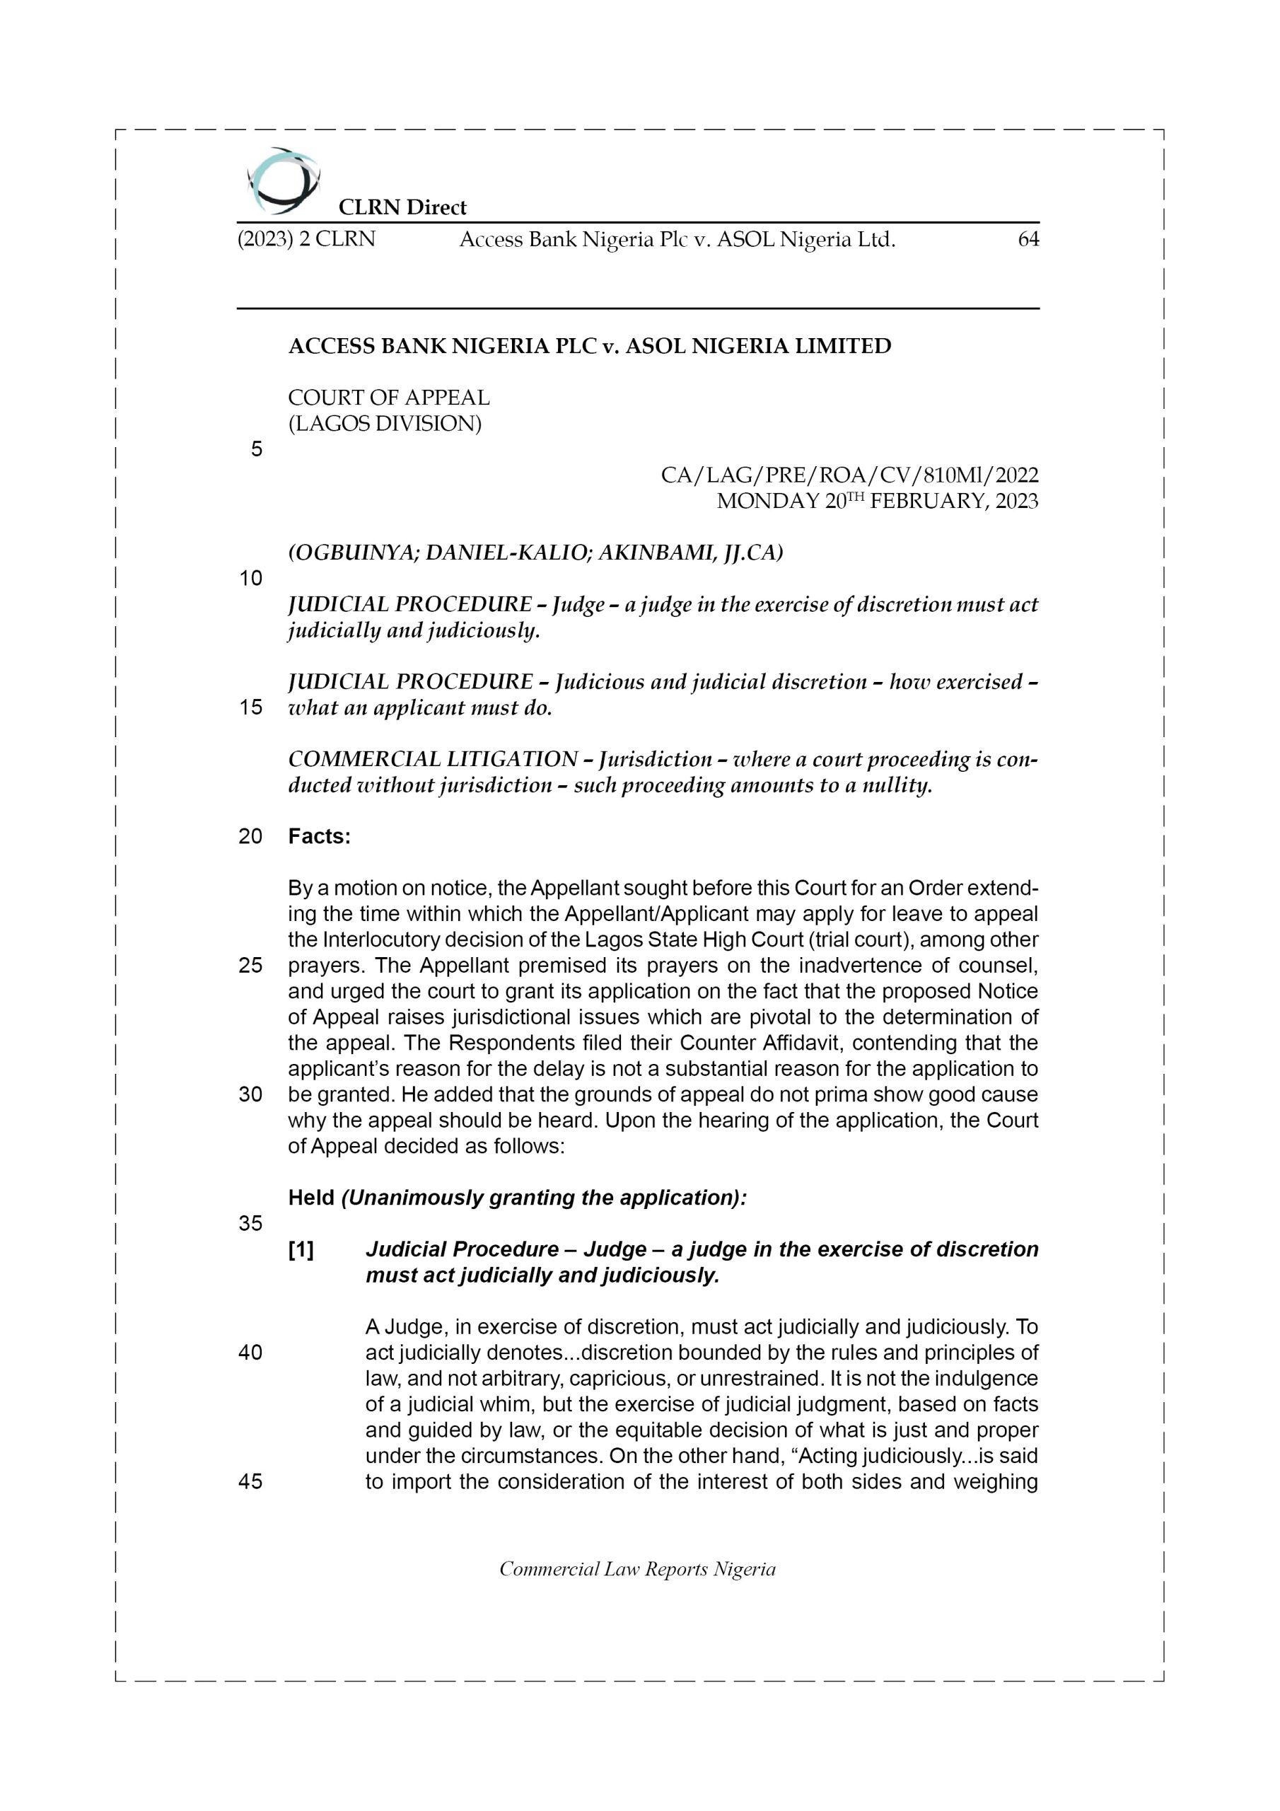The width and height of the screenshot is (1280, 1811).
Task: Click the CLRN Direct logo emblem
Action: (283, 180)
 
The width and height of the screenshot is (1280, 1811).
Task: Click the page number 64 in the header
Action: (1028, 240)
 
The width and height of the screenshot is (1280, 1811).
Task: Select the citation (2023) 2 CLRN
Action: (306, 240)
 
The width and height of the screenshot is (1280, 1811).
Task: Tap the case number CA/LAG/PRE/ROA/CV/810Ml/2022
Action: (849, 475)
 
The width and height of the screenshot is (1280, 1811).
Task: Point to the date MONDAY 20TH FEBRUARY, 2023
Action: (877, 502)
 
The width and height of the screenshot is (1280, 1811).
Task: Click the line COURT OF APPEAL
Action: (389, 398)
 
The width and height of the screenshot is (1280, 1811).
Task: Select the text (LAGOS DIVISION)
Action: (384, 424)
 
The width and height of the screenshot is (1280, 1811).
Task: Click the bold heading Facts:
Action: (320, 837)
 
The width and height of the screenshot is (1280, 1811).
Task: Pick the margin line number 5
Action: (256, 450)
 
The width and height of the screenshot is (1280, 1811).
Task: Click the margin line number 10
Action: (251, 579)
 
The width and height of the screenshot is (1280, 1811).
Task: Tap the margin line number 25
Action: (251, 966)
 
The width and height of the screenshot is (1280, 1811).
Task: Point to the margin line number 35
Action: (251, 1223)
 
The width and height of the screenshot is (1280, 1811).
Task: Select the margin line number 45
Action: (251, 1481)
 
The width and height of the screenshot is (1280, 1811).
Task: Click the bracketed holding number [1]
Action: (301, 1250)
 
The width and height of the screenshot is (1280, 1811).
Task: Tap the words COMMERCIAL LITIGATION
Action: (433, 760)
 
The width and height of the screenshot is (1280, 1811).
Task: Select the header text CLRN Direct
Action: (402, 207)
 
